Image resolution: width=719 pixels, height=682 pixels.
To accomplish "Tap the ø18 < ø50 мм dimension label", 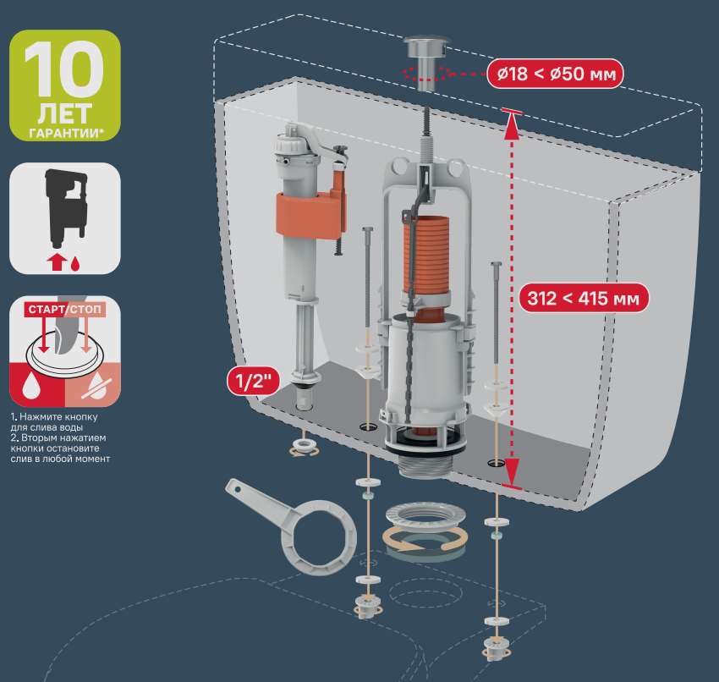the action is click(x=555, y=74).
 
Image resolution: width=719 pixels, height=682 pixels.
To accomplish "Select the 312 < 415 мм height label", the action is click(x=584, y=298).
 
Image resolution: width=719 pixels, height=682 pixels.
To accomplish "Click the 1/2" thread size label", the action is click(x=253, y=380).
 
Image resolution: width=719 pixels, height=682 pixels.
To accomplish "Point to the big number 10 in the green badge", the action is click(x=64, y=69).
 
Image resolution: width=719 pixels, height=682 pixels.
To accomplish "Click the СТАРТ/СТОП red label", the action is click(x=64, y=309).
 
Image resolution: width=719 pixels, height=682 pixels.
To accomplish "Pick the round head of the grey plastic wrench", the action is click(x=320, y=537).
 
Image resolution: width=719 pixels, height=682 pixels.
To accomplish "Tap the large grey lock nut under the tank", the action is click(x=425, y=516).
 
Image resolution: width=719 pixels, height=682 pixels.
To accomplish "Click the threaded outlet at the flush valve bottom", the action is click(x=425, y=466).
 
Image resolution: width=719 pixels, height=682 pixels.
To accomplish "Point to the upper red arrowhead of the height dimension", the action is click(x=512, y=127).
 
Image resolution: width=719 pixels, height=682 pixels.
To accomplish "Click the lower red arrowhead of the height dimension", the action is click(x=512, y=471).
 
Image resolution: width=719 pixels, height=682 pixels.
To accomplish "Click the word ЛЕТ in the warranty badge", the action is click(x=64, y=113).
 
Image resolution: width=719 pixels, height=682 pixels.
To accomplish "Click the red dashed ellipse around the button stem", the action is click(x=426, y=74).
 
